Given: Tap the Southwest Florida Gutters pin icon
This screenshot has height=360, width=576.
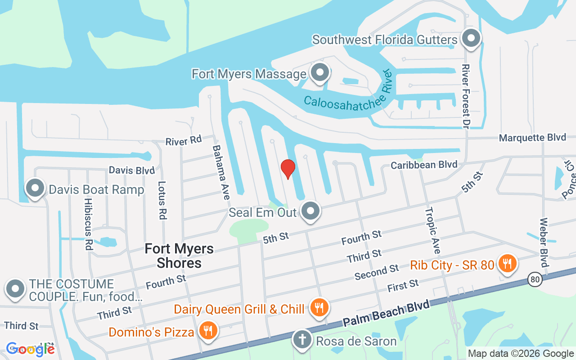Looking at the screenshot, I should click(x=471, y=38).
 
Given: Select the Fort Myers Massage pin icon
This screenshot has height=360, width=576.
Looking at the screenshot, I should click(x=320, y=73).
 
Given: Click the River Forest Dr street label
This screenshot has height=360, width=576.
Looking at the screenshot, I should click(x=466, y=95).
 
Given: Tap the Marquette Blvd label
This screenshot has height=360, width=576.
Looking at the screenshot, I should click(x=532, y=138).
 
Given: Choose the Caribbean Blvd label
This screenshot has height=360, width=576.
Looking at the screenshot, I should click(x=424, y=165).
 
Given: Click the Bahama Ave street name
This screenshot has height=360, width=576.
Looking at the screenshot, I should click(x=221, y=172).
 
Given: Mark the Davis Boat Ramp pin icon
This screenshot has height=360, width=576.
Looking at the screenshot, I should click(x=35, y=189).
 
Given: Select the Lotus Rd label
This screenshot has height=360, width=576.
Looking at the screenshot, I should click(x=162, y=200).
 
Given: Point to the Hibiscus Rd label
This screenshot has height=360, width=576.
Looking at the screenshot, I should click(x=88, y=224).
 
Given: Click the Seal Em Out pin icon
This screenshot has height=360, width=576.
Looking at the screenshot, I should click(x=310, y=211).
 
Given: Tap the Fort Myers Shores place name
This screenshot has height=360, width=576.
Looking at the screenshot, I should click(x=179, y=255).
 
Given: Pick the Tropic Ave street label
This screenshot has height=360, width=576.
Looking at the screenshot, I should click(x=433, y=230).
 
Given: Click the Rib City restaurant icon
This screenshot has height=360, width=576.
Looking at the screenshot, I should click(x=507, y=264).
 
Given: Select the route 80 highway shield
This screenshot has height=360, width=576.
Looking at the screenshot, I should click(x=535, y=280).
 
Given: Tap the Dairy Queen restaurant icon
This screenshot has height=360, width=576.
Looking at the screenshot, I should click(x=319, y=308).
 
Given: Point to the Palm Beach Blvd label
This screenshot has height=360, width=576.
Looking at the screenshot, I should click(x=386, y=313).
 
